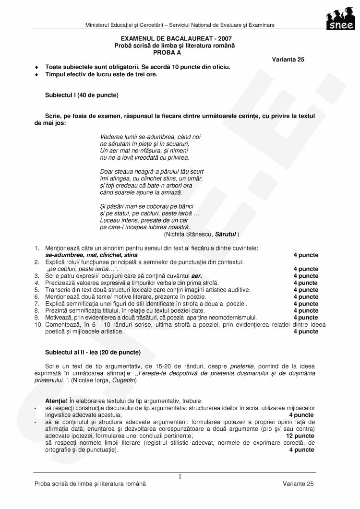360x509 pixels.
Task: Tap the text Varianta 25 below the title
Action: click(x=288, y=59)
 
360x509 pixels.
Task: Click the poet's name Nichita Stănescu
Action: click(x=189, y=234)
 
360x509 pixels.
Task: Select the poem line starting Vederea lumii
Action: click(x=150, y=137)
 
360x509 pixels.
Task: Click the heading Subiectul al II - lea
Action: click(x=93, y=353)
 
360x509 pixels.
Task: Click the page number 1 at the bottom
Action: click(x=180, y=477)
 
